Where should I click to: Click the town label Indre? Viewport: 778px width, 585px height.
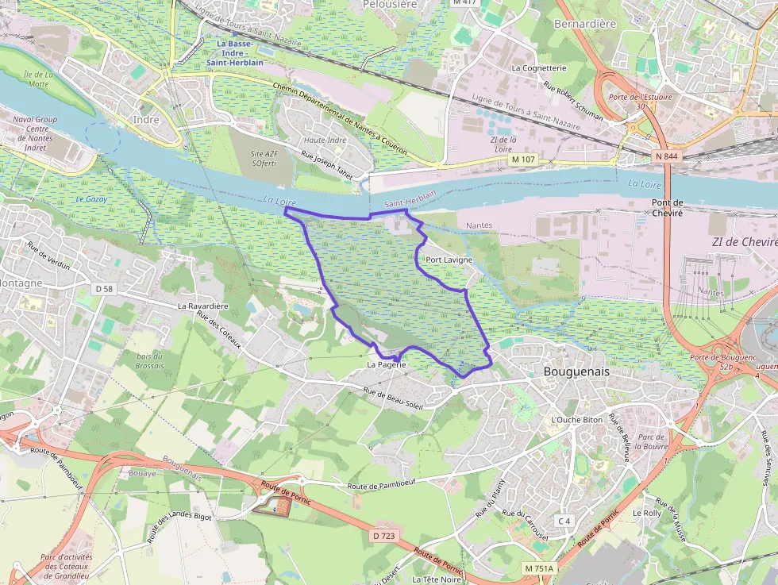(x=147, y=120)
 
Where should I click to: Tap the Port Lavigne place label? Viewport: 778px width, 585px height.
(x=449, y=260)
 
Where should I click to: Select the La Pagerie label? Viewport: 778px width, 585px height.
(x=387, y=365)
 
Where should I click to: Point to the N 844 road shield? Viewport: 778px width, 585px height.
(x=667, y=156)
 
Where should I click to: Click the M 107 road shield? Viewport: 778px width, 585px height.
(x=522, y=160)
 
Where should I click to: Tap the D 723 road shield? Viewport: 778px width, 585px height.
(x=383, y=536)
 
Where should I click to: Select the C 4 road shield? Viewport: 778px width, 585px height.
(x=564, y=521)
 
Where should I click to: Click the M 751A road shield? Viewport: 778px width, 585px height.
(x=539, y=569)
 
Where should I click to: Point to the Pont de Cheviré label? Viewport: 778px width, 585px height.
(x=667, y=208)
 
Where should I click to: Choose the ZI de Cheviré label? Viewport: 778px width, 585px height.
(x=744, y=241)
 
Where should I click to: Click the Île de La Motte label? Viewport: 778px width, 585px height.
(x=37, y=79)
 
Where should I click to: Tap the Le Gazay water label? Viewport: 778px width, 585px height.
(x=91, y=198)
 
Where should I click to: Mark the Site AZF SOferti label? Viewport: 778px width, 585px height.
(x=264, y=158)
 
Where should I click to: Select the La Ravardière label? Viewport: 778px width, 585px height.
(x=203, y=306)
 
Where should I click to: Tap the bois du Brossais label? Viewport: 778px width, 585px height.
(x=149, y=361)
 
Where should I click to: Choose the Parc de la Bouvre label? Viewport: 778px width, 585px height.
(x=651, y=442)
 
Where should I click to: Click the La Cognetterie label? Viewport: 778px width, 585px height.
(x=539, y=68)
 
